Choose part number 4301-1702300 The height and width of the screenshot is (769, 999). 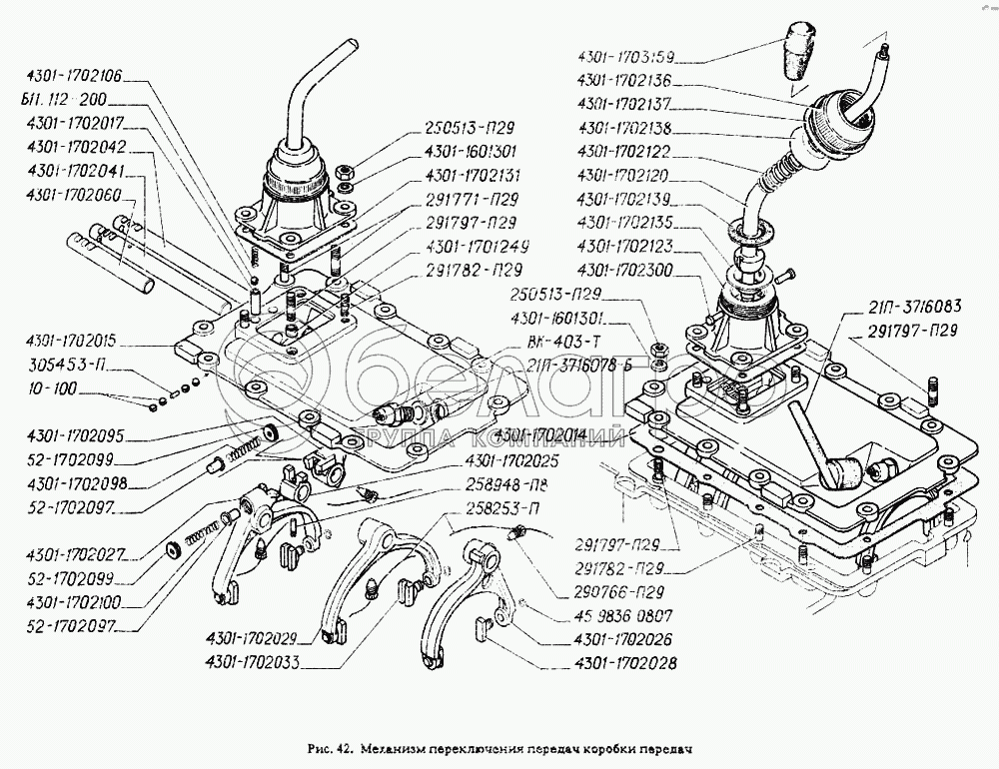[x=624, y=270]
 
